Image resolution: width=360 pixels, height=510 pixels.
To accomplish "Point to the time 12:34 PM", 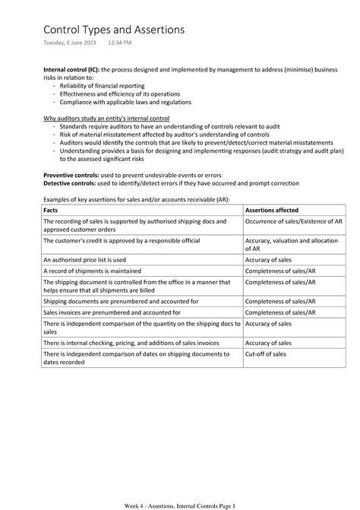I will [x=120, y=46].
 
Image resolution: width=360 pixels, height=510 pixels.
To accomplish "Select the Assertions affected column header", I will [x=271, y=210].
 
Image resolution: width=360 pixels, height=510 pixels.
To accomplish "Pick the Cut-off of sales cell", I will [x=266, y=353].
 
